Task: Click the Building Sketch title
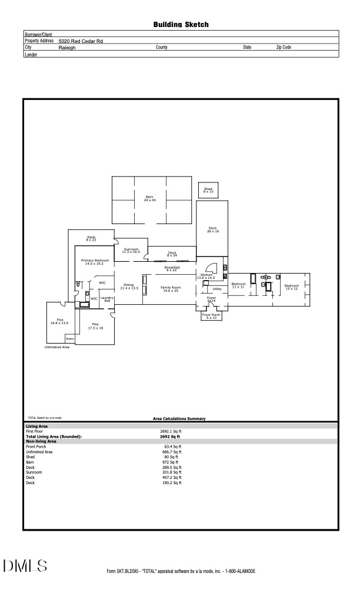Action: (x=181, y=25)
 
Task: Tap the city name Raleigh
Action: (x=67, y=47)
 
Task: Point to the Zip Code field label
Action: (x=284, y=47)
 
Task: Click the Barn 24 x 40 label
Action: (x=149, y=198)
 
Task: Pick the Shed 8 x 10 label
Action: (x=208, y=191)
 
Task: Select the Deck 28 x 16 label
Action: (x=212, y=230)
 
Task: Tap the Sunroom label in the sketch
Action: (x=131, y=250)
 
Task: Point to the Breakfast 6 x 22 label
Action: (x=172, y=268)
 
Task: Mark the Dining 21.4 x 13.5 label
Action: (x=129, y=286)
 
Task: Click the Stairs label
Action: (x=70, y=339)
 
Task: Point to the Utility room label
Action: (x=217, y=289)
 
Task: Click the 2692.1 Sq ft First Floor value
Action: (x=171, y=431)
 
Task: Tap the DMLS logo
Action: (x=25, y=567)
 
